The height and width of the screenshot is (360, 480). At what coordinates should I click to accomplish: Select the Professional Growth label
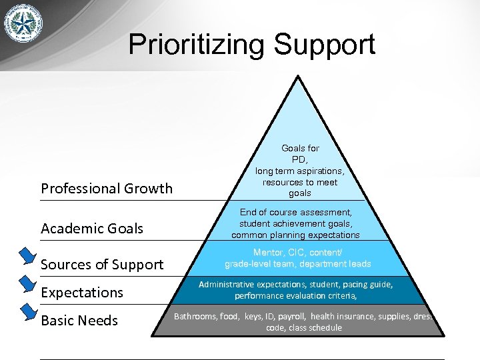107,189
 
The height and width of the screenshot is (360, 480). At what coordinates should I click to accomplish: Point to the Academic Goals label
92,229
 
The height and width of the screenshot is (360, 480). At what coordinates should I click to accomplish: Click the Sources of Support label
102,265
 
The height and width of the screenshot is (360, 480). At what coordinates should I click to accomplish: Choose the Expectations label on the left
82,293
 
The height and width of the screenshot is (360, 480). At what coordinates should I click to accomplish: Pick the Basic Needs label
79,321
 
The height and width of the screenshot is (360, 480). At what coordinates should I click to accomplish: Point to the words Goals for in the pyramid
300,148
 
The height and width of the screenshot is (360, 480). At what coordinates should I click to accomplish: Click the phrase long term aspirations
300,171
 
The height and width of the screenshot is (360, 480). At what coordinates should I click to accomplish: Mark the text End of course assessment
295,213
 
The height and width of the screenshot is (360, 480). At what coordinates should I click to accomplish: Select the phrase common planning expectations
295,235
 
